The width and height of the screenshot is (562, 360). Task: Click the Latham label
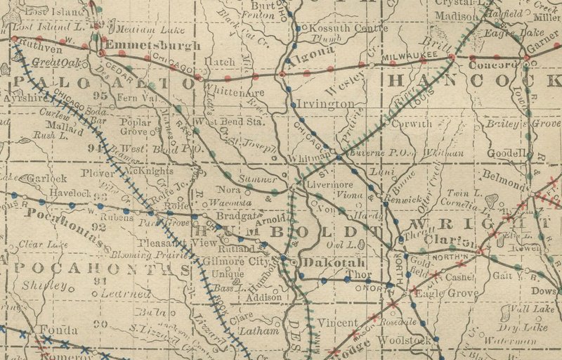coord(254,330)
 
